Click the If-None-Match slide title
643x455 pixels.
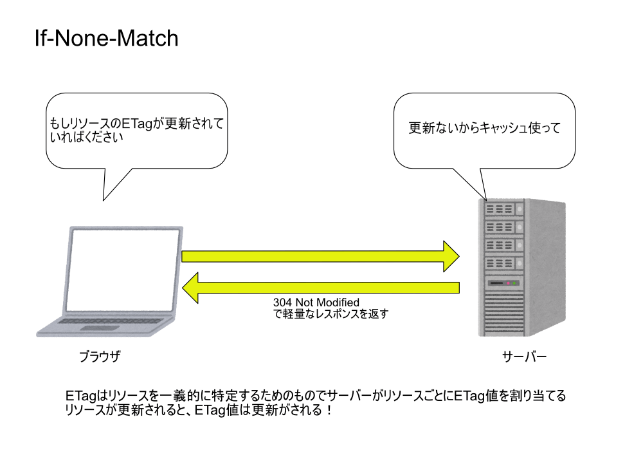[x=107, y=38]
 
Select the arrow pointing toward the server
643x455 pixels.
[x=320, y=256]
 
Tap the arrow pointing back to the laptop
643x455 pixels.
[x=320, y=288]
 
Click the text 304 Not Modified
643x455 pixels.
[x=316, y=302]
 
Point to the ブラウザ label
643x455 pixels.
[x=100, y=356]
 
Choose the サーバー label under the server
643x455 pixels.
[x=525, y=356]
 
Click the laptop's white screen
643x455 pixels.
[x=123, y=270]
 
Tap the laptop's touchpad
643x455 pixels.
[x=100, y=328]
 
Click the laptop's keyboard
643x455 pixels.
[x=111, y=320]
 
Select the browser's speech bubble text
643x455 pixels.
[x=136, y=130]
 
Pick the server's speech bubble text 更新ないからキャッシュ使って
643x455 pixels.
[x=484, y=128]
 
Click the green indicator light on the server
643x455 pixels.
[x=514, y=283]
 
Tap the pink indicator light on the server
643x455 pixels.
[x=508, y=283]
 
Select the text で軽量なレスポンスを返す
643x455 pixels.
[x=331, y=314]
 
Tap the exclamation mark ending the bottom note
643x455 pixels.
[x=330, y=409]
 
